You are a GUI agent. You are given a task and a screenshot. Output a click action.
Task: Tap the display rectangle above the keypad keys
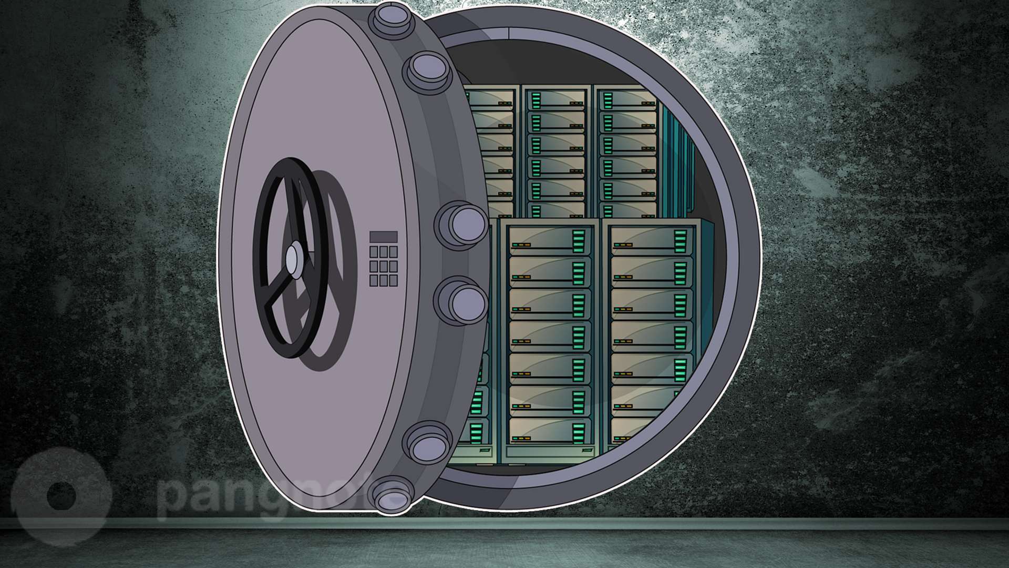[383, 237]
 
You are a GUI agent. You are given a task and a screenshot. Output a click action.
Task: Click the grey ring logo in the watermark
[60, 494]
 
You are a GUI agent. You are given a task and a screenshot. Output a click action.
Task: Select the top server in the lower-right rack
[652, 239]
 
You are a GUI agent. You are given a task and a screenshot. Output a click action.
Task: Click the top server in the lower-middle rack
[550, 239]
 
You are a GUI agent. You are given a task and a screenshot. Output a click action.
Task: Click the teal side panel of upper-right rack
[675, 158]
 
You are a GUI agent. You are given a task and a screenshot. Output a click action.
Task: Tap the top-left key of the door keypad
[374, 252]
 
